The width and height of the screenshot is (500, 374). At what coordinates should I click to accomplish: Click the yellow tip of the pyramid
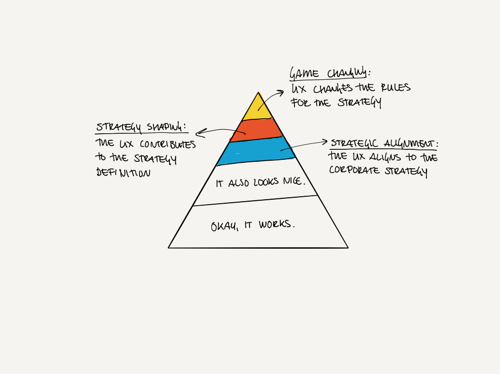pyautogui.click(x=258, y=108)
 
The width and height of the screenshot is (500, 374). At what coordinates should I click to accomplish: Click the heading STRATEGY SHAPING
pyautogui.click(x=141, y=128)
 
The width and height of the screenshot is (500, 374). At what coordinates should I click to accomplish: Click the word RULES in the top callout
pyautogui.click(x=395, y=88)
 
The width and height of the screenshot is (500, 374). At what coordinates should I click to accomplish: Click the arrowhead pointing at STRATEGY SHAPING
pyautogui.click(x=198, y=133)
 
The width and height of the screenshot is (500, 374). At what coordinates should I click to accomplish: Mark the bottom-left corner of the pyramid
pyautogui.click(x=169, y=247)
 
